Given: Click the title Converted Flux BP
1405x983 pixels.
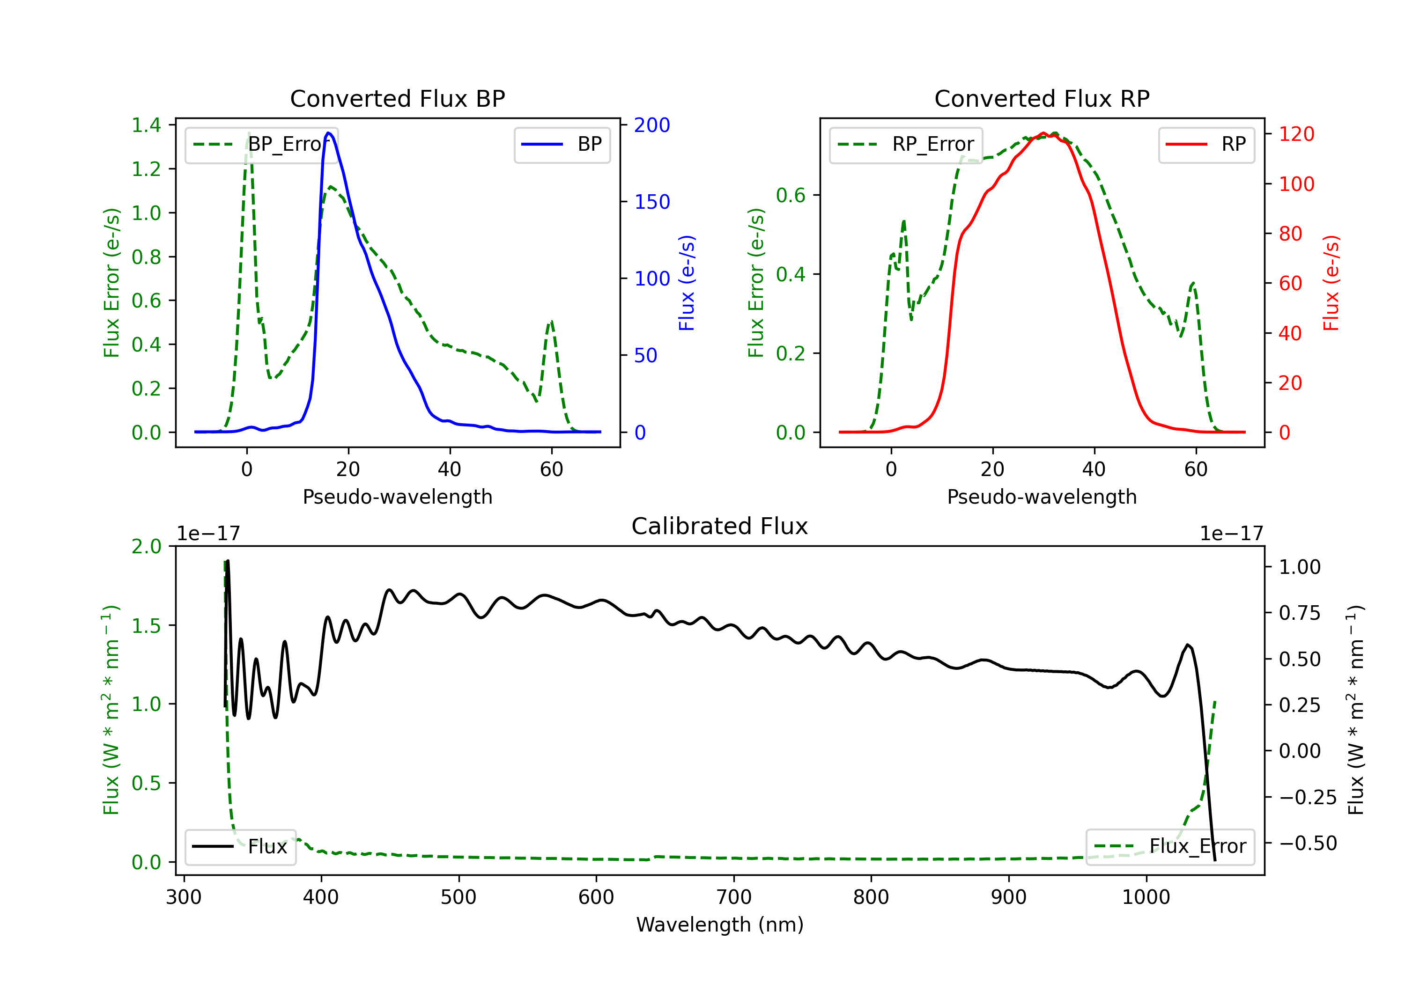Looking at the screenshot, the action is pyautogui.click(x=397, y=98).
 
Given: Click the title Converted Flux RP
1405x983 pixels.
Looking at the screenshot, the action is pyautogui.click(x=1042, y=98).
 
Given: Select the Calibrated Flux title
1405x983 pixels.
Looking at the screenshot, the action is pyautogui.click(x=720, y=526).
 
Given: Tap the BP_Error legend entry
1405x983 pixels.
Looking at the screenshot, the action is pyautogui.click(x=261, y=144).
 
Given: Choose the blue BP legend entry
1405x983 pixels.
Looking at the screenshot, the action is pyautogui.click(x=562, y=144).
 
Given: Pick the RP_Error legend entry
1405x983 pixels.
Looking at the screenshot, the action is pyautogui.click(x=906, y=144).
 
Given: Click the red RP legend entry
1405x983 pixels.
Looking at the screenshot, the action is pyautogui.click(x=1206, y=144).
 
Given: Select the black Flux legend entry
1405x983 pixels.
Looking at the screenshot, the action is pyautogui.click(x=240, y=847).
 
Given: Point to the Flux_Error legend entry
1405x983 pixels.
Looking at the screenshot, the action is pyautogui.click(x=1170, y=847).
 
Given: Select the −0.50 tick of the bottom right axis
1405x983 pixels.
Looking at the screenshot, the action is pyautogui.click(x=1308, y=844).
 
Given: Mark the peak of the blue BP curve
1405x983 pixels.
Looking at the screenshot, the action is pyautogui.click(x=329, y=133).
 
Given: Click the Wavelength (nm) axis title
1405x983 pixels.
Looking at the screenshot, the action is pyautogui.click(x=720, y=924).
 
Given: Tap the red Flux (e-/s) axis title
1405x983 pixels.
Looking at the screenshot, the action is pyautogui.click(x=1331, y=283).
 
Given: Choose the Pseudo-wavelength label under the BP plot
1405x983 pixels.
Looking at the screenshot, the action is pyautogui.click(x=397, y=497).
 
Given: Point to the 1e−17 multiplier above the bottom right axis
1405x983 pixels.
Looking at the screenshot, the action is pyautogui.click(x=1231, y=534).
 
